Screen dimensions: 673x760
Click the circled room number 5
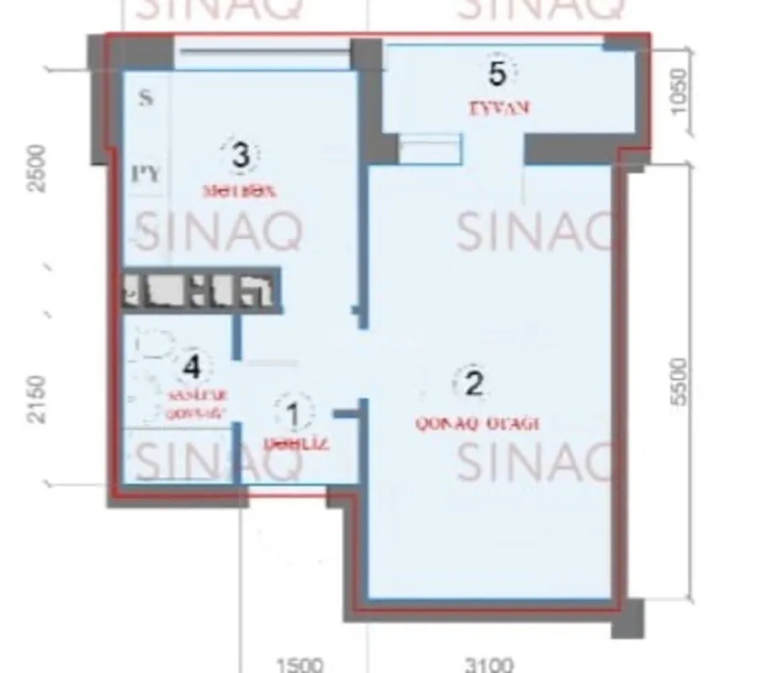click(x=498, y=74)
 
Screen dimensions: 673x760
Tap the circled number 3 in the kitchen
click(x=240, y=156)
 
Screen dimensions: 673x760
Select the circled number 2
click(x=474, y=384)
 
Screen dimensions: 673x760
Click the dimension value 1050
click(x=679, y=90)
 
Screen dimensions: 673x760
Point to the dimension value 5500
click(x=679, y=381)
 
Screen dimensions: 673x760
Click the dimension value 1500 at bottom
click(x=298, y=665)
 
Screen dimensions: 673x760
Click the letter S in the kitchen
click(x=146, y=98)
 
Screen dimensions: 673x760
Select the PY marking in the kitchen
click(x=146, y=174)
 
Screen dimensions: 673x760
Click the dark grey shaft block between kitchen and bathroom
click(x=200, y=290)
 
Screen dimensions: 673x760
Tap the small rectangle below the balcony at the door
click(x=430, y=149)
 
